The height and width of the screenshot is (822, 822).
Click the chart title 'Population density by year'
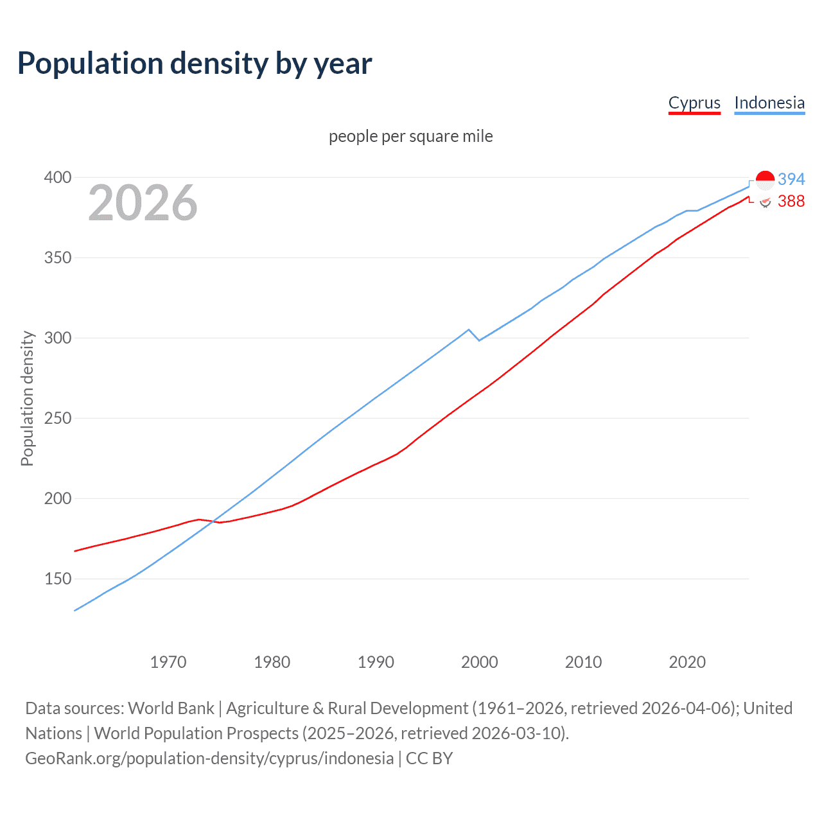pos(195,64)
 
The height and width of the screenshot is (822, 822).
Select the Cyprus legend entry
pos(694,103)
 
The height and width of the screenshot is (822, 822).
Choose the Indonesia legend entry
pos(769,103)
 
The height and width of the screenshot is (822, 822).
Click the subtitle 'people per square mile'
pos(410,137)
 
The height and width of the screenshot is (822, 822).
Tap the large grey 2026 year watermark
pos(143,203)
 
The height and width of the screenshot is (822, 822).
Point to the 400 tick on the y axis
pos(57,177)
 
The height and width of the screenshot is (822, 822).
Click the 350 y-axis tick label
pos(57,258)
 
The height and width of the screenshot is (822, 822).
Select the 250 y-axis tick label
pos(57,419)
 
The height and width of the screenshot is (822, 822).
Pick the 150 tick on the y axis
pos(57,579)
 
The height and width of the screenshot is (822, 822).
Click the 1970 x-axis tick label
pos(168,662)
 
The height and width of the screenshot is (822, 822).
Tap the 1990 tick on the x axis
pos(376,662)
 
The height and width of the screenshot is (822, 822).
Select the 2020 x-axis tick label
pos(687,662)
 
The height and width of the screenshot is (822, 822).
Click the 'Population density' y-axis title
pos(27,398)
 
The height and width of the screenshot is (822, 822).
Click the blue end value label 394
pos(791,179)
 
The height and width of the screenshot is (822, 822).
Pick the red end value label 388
pos(791,202)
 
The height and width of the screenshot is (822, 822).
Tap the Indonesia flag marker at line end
pos(765,180)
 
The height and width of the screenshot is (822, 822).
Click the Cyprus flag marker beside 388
pos(765,202)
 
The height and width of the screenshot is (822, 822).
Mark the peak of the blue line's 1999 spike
pos(469,329)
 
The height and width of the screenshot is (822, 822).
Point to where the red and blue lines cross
pos(214,521)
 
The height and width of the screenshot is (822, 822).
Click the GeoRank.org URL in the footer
pos(209,758)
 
